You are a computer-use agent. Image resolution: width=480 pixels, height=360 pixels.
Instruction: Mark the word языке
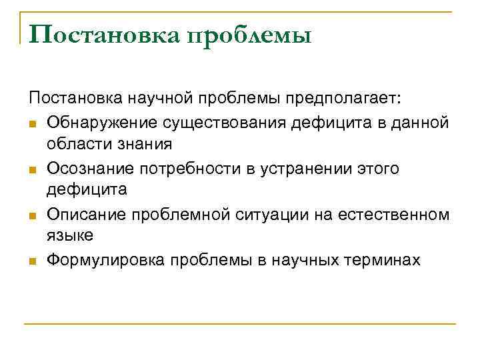pyautogui.click(x=70, y=236)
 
